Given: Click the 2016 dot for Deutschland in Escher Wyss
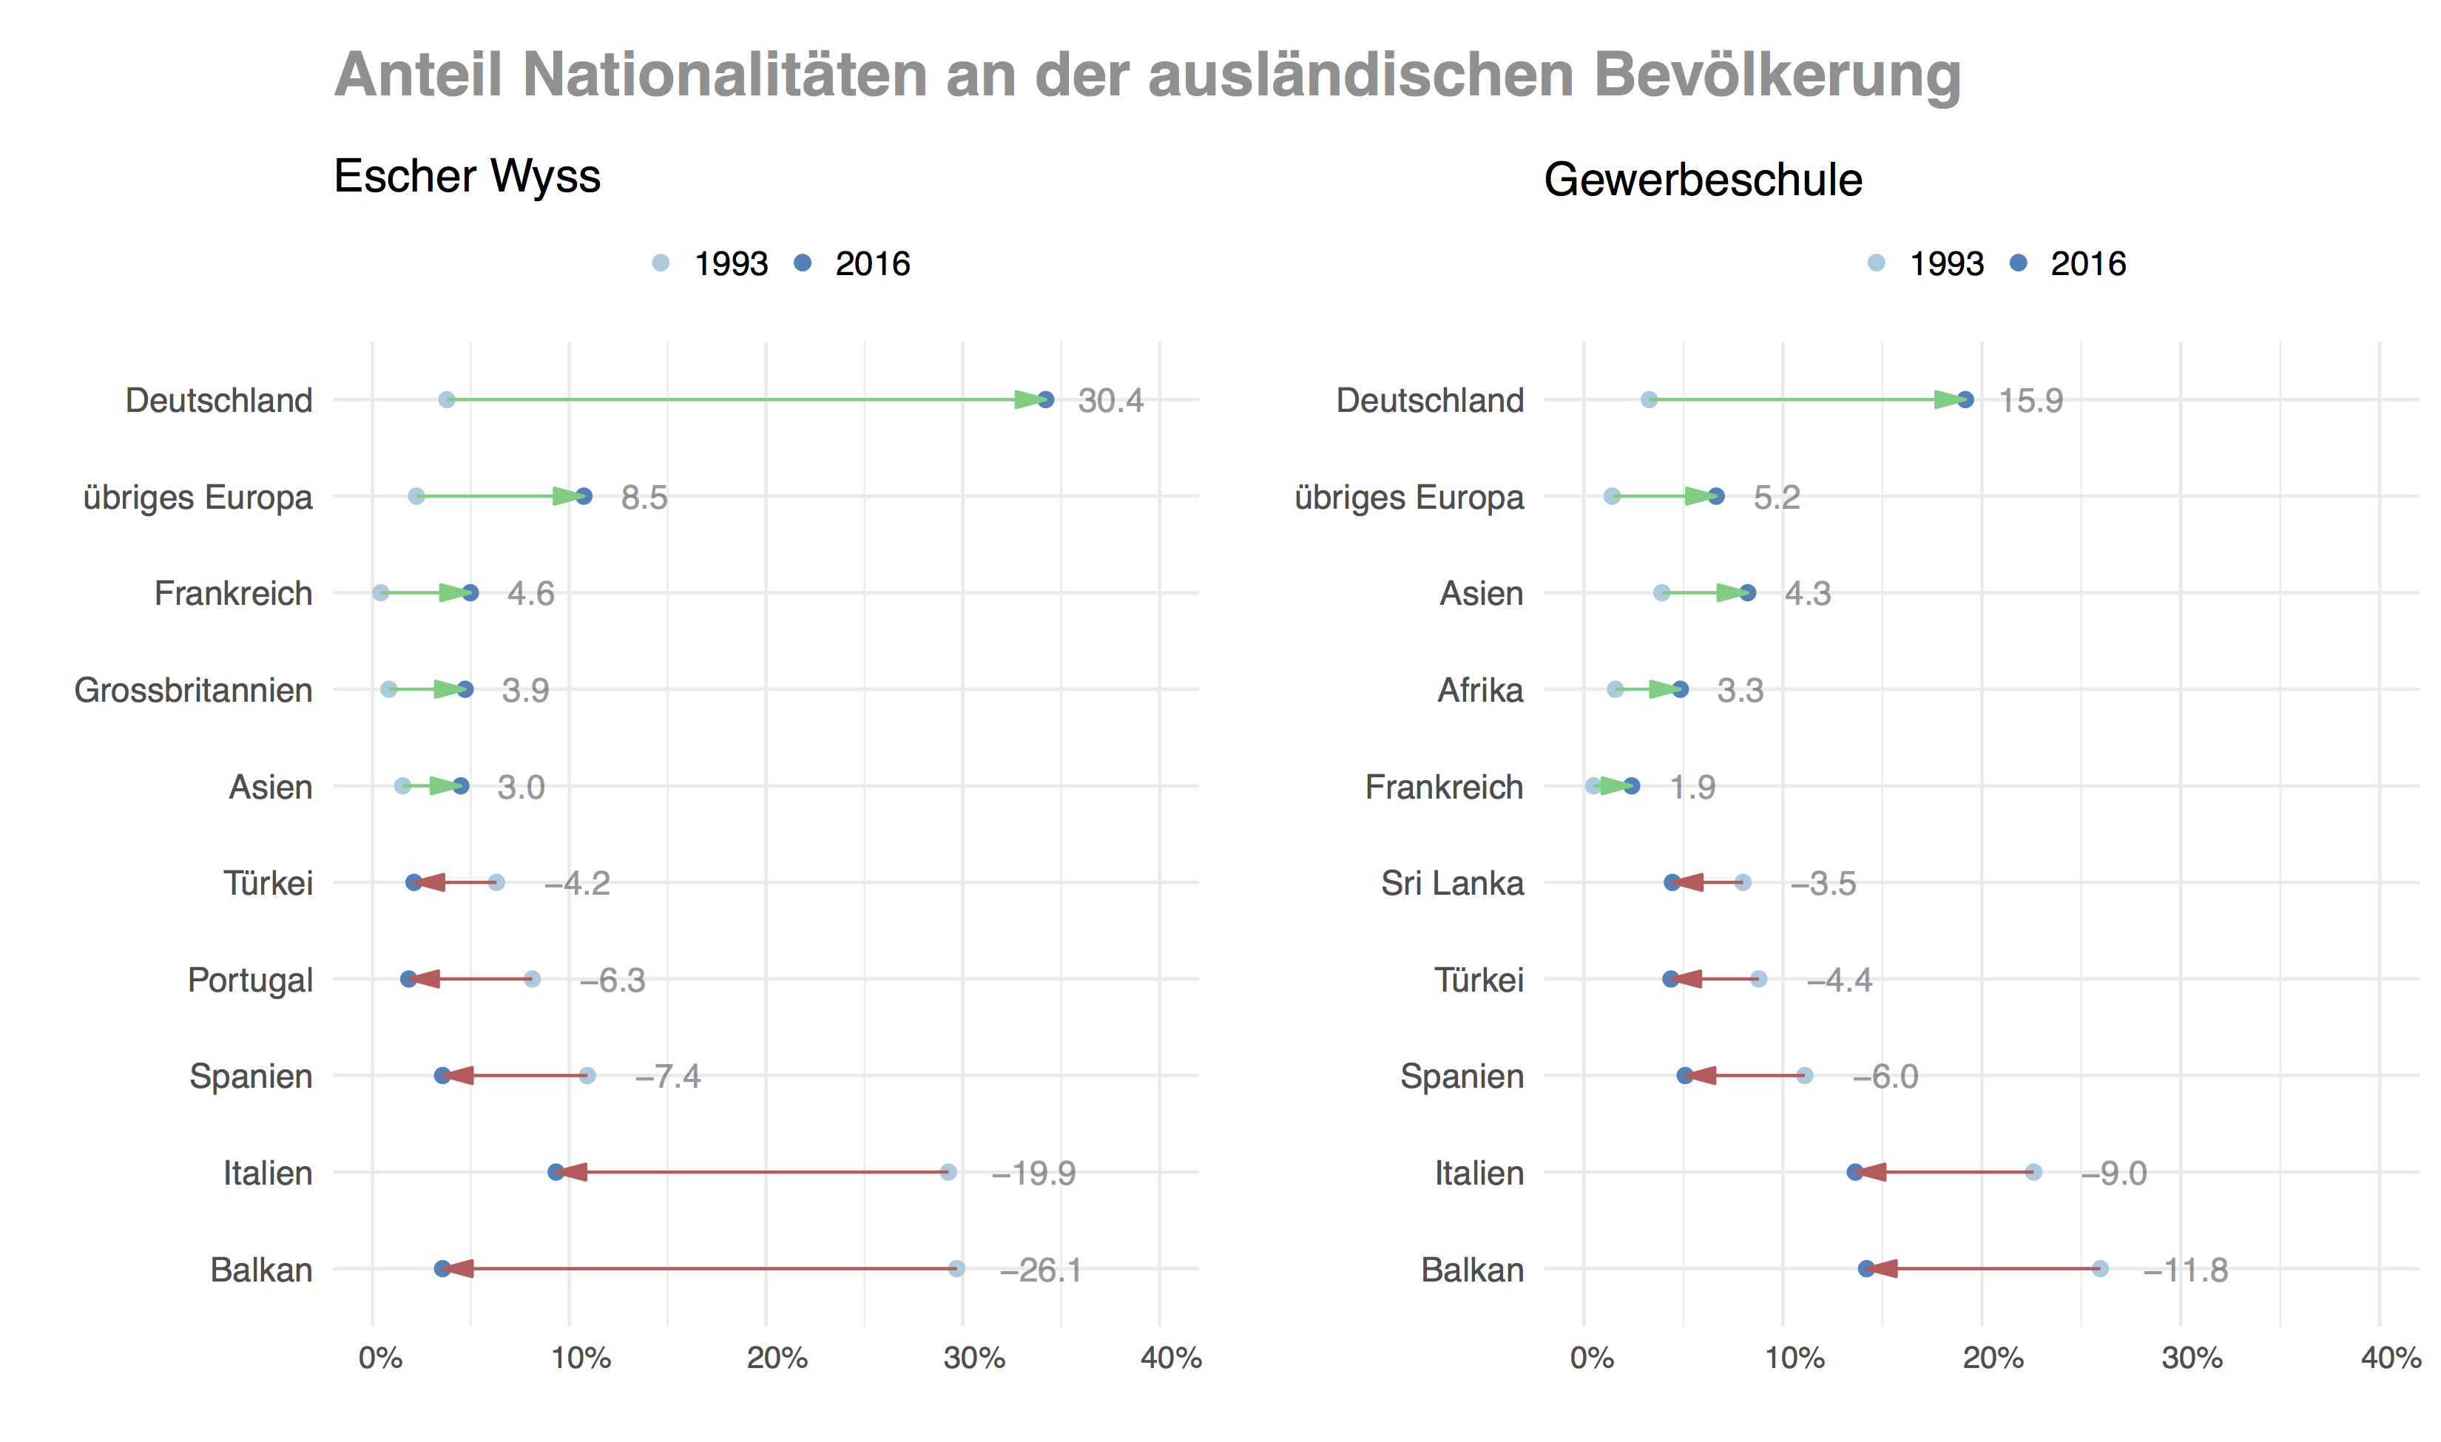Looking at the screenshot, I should pos(1046,399).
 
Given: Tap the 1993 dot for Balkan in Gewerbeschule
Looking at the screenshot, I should pos(2100,1268).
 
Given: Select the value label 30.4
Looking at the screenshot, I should pos(1111,400).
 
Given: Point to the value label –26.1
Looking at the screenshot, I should pos(1040,1270).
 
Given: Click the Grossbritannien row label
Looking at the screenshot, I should pos(193,690).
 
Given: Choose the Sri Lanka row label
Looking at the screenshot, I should pos(1452,883).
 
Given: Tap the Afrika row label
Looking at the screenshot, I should pos(1480,690).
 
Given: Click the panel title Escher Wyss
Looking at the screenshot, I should pos(467,177).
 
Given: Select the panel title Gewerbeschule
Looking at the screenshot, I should pos(1703,180).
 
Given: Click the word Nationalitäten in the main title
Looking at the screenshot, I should pos(724,75).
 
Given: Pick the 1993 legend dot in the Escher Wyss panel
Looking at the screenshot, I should pos(661,263).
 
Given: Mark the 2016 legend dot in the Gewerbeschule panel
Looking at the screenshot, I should pos(2019,263).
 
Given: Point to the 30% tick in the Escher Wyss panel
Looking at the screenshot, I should pos(973,1358).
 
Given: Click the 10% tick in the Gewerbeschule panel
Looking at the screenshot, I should pos(1794,1358).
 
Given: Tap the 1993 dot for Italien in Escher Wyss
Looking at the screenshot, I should pos(948,1172).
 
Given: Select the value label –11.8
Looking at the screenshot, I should pos(2185,1270).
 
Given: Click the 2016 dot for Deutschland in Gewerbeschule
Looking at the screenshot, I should pos(1965,399).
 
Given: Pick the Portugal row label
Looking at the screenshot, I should pos(250,980).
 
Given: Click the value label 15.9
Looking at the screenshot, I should pos(2030,400).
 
